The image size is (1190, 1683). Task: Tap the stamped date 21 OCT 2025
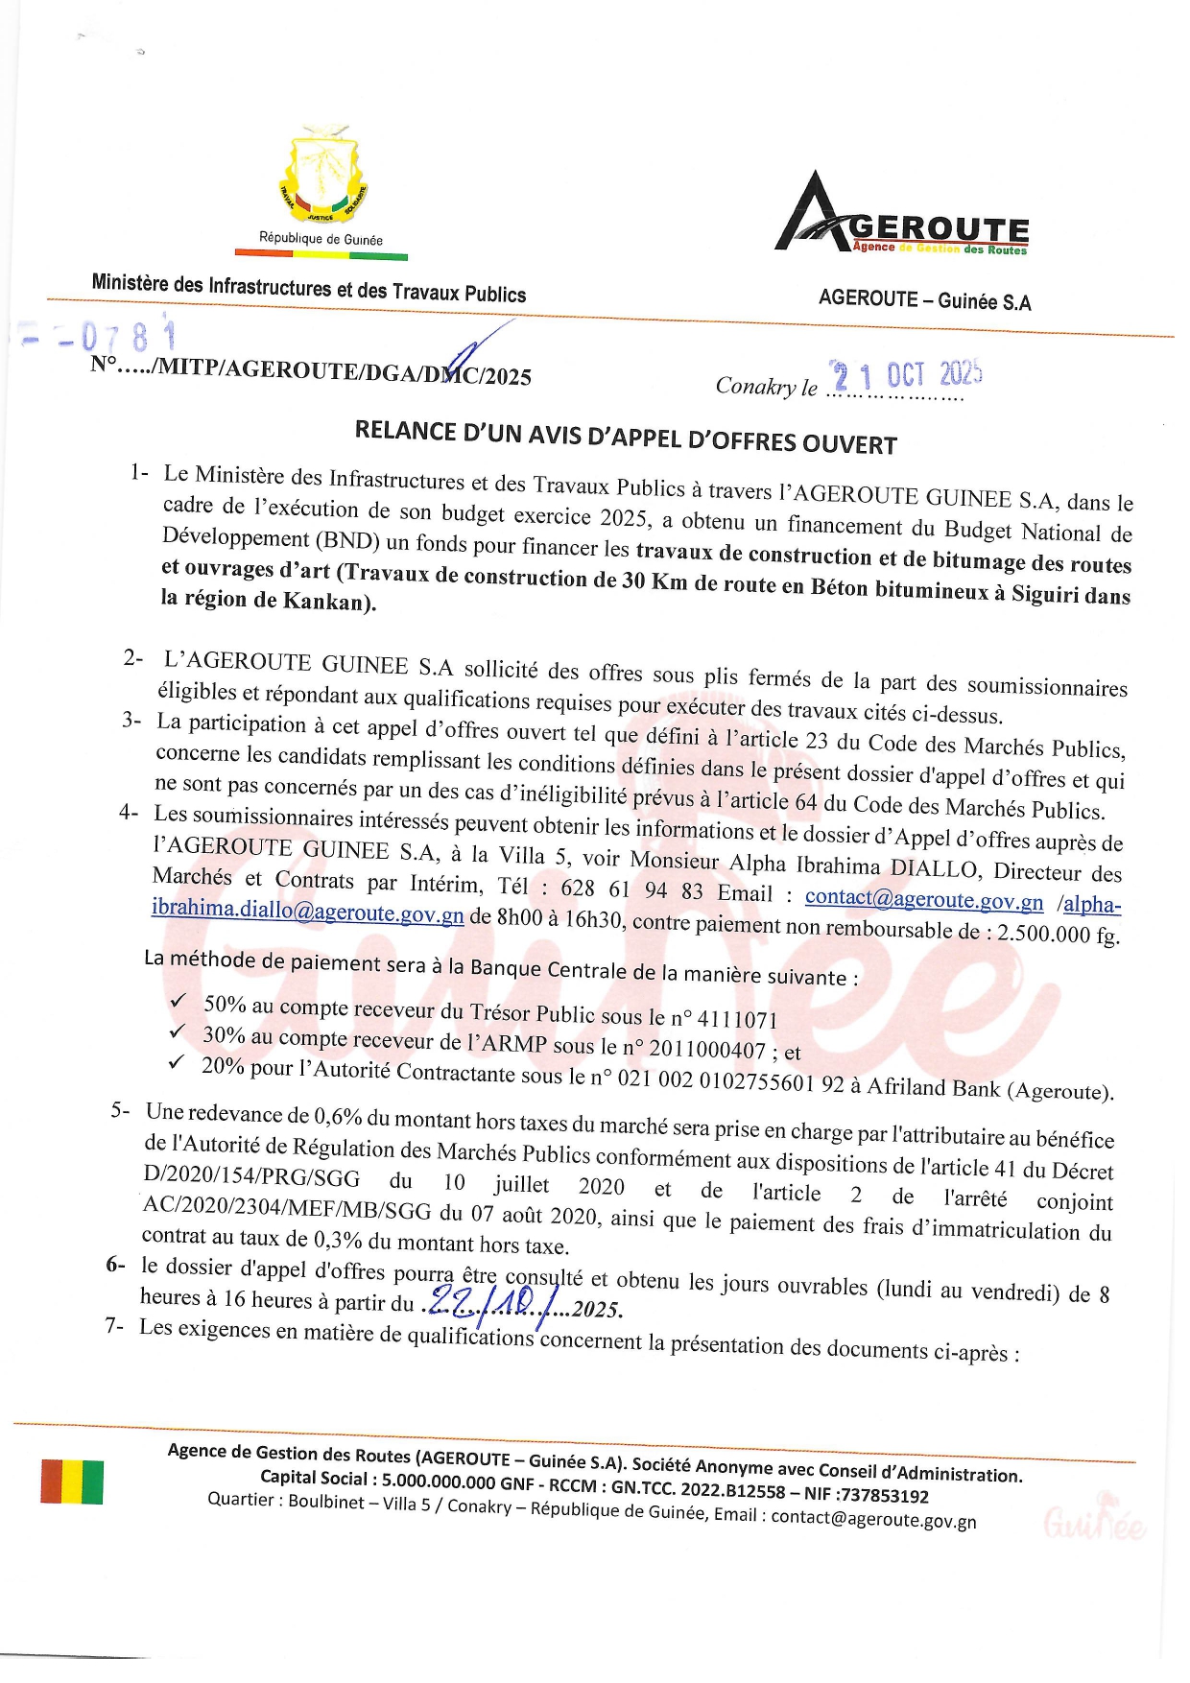(907, 375)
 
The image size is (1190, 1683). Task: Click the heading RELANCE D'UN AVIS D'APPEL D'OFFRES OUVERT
(626, 437)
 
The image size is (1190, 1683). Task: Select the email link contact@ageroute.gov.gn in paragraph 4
(923, 900)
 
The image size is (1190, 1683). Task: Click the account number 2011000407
(707, 1050)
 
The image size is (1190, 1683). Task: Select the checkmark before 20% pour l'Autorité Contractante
(176, 1062)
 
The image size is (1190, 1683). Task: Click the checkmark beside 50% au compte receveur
(178, 1001)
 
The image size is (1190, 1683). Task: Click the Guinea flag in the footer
(72, 1481)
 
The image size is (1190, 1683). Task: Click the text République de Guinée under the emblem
(321, 239)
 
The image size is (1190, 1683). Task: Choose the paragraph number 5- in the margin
(120, 1110)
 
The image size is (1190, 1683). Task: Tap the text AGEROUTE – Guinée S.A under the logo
(924, 299)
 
